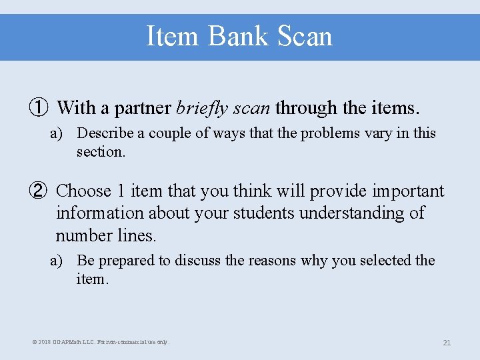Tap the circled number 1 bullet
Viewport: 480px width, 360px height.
pos(38,107)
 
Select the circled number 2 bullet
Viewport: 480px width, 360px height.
pos(38,191)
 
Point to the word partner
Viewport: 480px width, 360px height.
pos(141,107)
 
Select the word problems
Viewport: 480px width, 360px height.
pos(331,133)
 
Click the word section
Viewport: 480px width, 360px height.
pos(100,152)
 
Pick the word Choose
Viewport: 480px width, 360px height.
pos(83,191)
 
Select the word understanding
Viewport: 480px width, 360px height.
pos(351,213)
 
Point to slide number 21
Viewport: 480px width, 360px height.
pos(447,343)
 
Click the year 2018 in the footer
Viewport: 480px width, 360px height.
pos(45,342)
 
